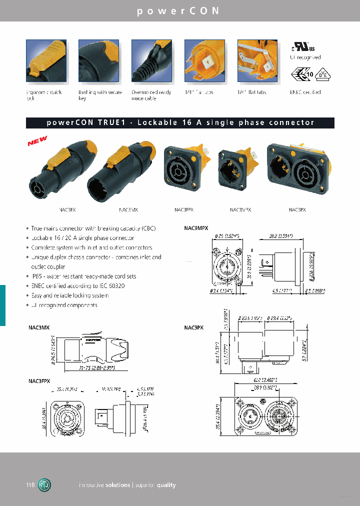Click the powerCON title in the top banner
point(178,11)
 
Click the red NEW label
point(37,142)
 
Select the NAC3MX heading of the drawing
point(38,327)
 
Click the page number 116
point(30,485)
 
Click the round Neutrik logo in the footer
point(45,485)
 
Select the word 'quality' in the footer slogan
point(165,485)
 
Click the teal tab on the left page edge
point(2,305)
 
